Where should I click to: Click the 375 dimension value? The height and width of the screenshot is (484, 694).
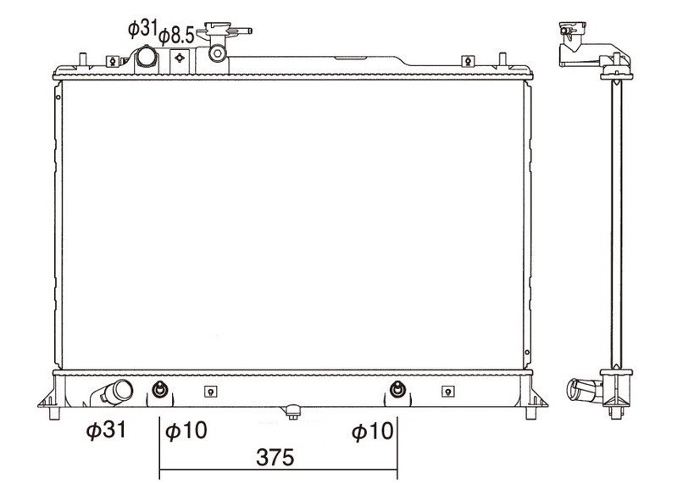click(275, 457)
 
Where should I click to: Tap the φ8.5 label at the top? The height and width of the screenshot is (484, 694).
click(176, 36)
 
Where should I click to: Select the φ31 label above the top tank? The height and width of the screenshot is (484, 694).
click(142, 29)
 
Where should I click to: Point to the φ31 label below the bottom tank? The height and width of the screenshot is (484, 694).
click(106, 430)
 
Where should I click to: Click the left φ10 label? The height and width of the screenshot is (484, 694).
click(186, 431)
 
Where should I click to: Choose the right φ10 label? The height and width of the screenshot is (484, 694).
click(372, 431)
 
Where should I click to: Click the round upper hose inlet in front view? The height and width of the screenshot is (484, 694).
click(146, 57)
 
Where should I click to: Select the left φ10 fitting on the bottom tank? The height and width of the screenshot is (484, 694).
click(159, 390)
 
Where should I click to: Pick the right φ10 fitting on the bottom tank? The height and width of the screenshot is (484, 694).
click(397, 390)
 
